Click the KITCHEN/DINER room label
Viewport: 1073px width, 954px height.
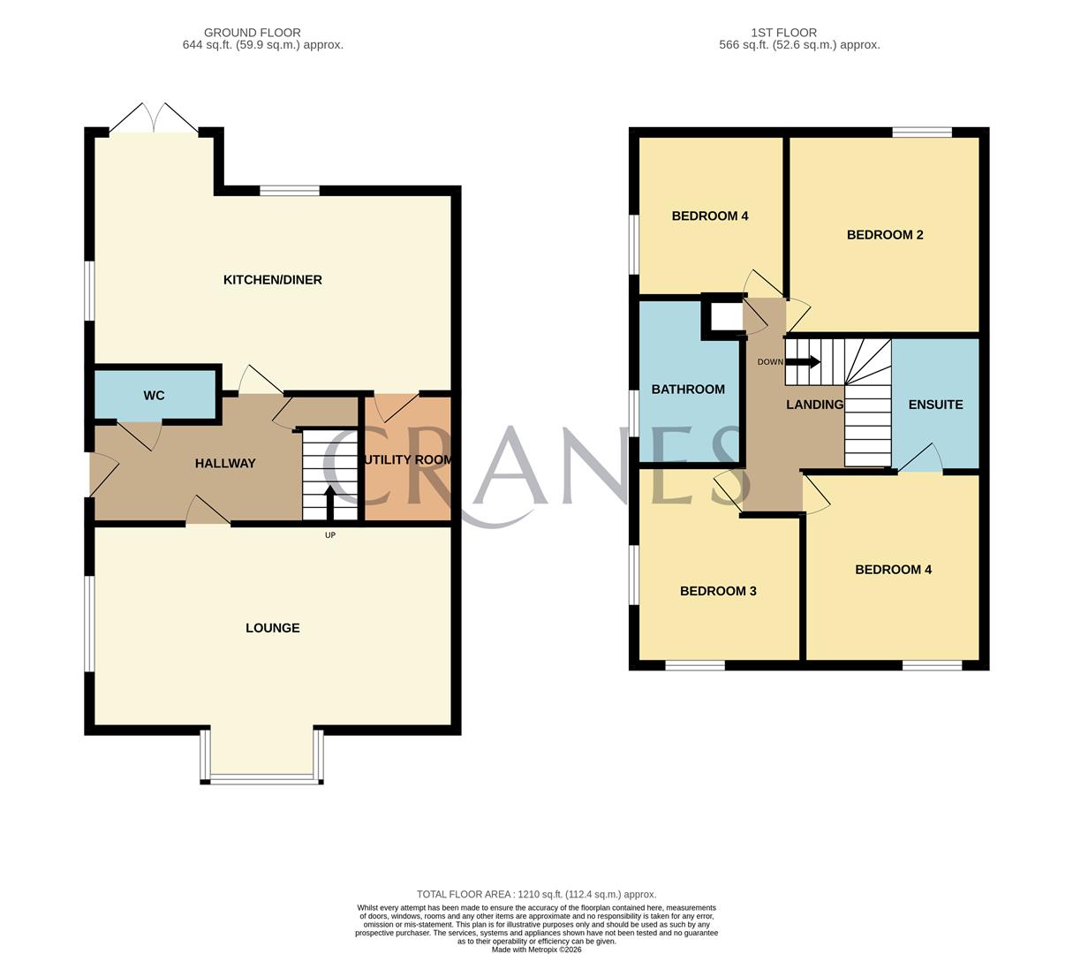click(x=272, y=280)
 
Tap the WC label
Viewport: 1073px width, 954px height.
click(x=154, y=395)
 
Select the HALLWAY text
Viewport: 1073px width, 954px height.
click(x=225, y=463)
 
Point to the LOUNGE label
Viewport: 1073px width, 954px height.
click(x=272, y=628)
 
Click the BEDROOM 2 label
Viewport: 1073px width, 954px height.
click(x=885, y=235)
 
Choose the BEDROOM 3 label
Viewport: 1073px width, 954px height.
click(x=718, y=591)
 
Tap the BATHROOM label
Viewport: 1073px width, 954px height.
click(x=688, y=390)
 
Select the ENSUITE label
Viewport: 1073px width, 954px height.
click(x=935, y=405)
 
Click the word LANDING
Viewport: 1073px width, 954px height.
click(x=814, y=405)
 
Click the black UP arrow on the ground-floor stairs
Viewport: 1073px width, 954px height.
click(x=330, y=503)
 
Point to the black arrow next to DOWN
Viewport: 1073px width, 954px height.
click(x=804, y=361)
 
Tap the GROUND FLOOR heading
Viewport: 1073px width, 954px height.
click(x=252, y=33)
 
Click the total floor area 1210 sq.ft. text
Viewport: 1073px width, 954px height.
click(x=536, y=894)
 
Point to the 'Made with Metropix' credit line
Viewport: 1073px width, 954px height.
click(x=536, y=950)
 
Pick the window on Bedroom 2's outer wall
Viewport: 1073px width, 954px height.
click(x=922, y=132)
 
